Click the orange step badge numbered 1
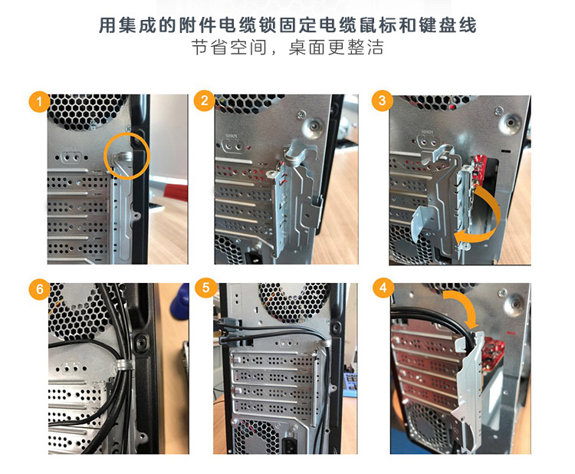click(39, 101)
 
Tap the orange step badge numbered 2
click(204, 100)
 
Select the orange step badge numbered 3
click(382, 100)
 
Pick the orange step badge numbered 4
click(383, 288)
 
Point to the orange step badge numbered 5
click(205, 288)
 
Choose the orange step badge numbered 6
click(39, 289)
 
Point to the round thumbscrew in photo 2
click(314, 127)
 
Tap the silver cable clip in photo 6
click(123, 365)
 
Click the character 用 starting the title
click(107, 25)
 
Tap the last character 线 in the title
click(467, 25)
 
